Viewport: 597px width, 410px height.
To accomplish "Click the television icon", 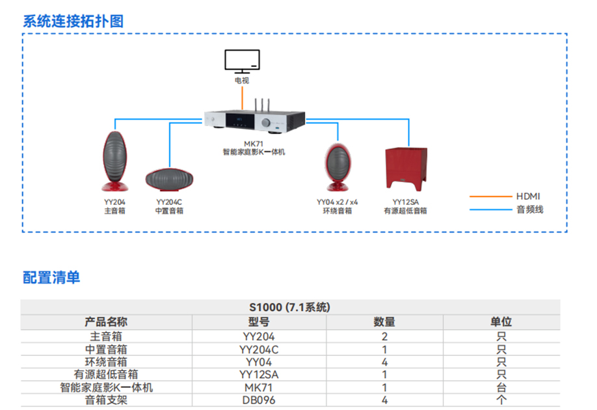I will (242, 61).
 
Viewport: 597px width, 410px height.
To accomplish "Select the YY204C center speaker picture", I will (169, 179).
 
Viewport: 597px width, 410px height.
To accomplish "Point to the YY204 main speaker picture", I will (114, 161).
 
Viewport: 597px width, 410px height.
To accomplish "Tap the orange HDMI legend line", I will (490, 196).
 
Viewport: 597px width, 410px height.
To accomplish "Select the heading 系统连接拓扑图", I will (73, 21).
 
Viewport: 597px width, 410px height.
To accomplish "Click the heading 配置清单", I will (51, 277).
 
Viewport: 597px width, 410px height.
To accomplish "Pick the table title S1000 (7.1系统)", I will (289, 307).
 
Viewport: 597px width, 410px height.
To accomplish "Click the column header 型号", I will (259, 321).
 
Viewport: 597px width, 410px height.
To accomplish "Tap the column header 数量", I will (384, 321).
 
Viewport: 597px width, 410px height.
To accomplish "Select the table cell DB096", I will (259, 400).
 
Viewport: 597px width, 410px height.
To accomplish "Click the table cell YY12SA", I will (259, 374).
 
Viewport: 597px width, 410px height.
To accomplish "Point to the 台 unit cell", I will (501, 387).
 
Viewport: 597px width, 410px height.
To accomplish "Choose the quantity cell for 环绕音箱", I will (384, 362).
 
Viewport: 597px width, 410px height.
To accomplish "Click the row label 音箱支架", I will (107, 400).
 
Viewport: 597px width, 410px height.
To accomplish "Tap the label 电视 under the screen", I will (242, 81).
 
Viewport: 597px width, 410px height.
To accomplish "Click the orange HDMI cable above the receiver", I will (243, 98).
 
